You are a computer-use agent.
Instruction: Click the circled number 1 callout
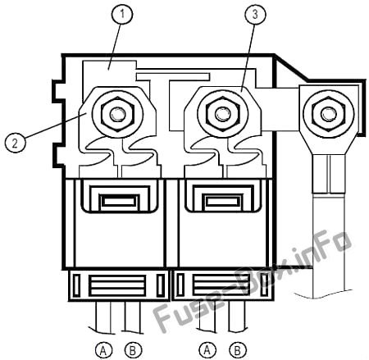point(122,13)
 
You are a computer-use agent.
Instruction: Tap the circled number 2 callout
point(15,143)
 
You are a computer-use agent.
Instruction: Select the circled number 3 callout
point(255,14)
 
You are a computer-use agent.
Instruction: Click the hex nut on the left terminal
point(117,114)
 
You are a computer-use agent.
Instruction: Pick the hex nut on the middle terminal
point(223,114)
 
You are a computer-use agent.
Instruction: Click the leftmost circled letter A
point(104,349)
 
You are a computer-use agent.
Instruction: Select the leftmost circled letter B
point(133,349)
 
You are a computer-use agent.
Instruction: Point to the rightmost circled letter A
point(207,349)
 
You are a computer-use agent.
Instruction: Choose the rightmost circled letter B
point(238,349)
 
